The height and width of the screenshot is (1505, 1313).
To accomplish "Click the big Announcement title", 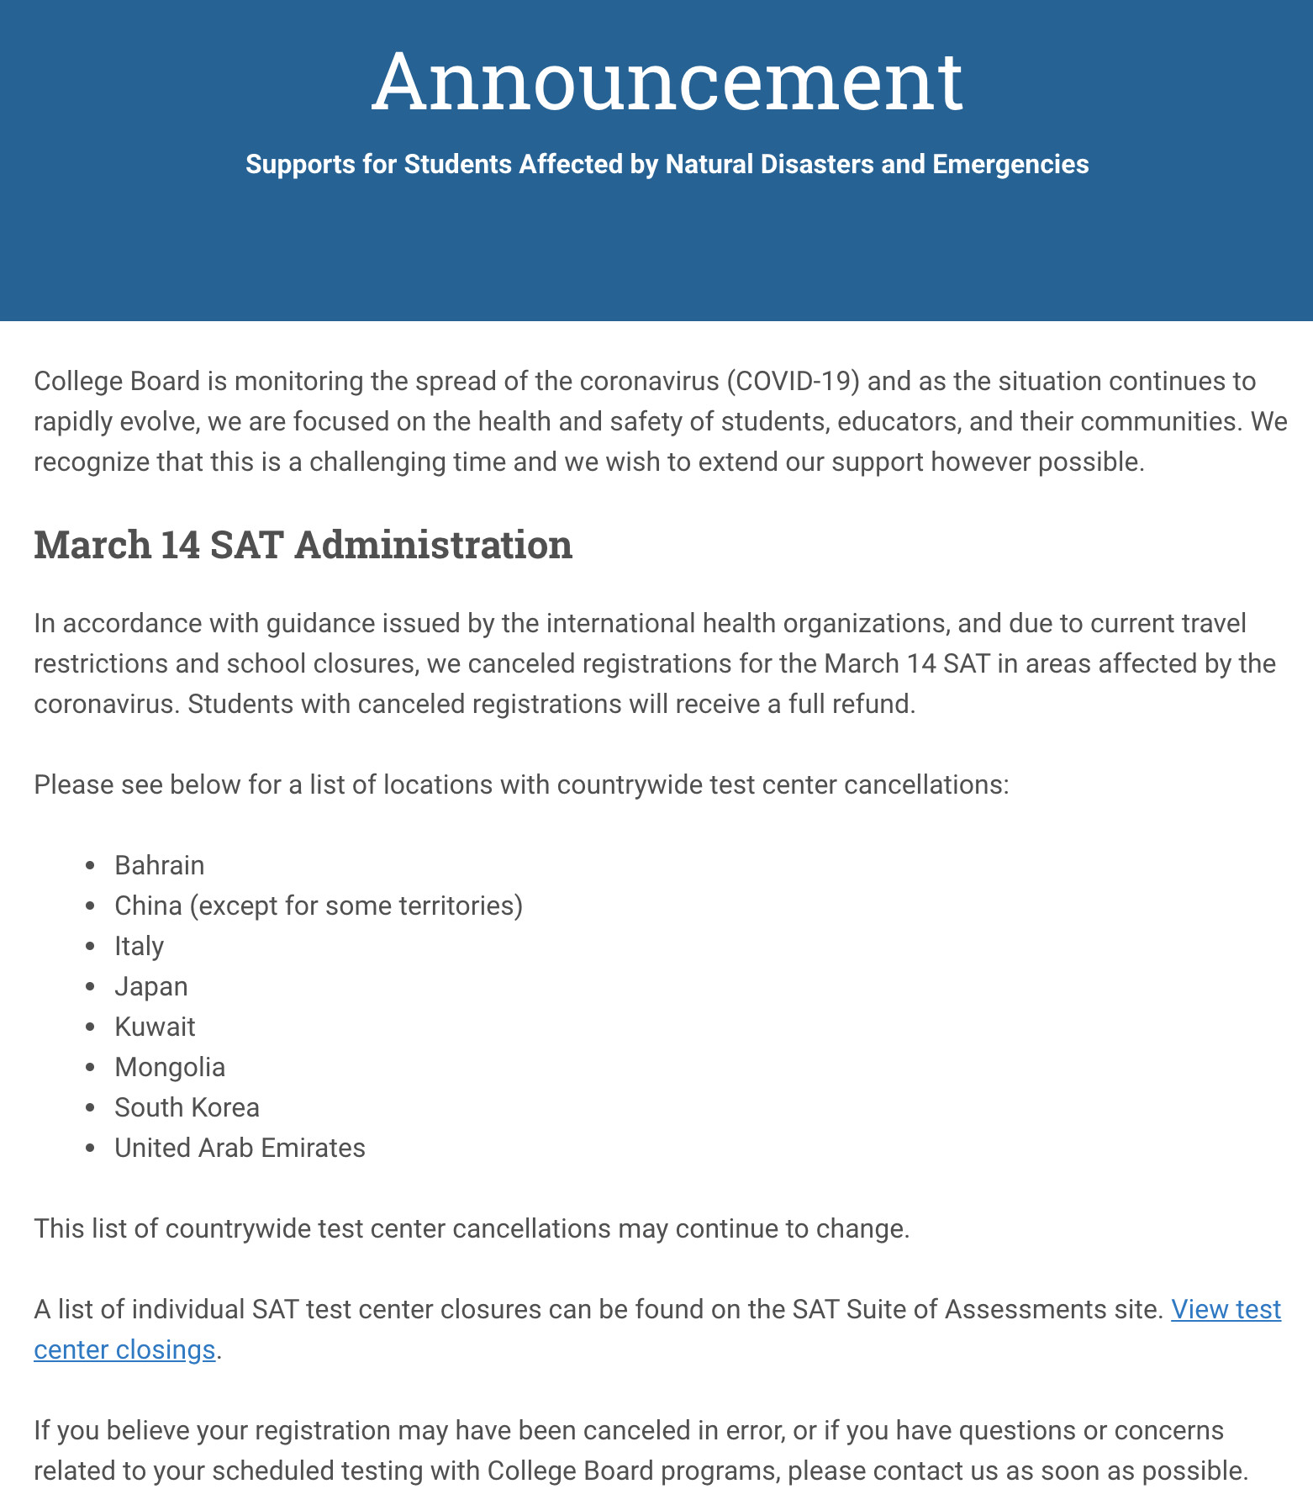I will point(667,82).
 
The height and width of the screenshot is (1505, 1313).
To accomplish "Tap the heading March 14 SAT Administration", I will point(303,545).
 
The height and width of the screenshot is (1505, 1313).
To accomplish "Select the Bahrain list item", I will point(159,865).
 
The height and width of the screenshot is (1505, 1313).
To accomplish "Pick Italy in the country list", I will point(139,946).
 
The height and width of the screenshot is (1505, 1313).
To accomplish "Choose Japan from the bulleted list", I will point(150,986).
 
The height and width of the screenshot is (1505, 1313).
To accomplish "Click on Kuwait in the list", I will point(155,1027).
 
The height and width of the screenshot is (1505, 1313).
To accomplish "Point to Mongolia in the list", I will point(170,1067).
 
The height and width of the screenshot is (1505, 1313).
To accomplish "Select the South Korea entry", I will point(187,1107).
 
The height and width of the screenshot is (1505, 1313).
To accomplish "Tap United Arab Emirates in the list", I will point(240,1148).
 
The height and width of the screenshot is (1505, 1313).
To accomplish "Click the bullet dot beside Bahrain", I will point(91,866).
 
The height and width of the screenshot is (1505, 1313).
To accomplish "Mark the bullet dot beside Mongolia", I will point(91,1068).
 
